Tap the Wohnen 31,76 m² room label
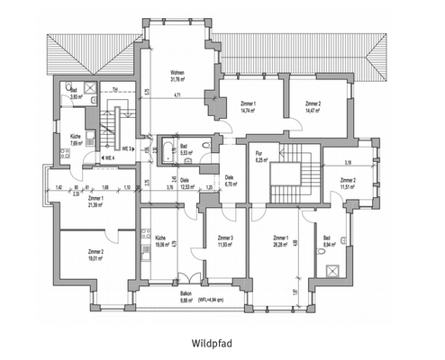tap(178, 75)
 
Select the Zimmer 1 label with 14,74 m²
tap(248, 107)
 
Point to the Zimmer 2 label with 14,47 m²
tap(313, 107)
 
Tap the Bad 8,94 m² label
tap(331, 240)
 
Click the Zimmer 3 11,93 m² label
tap(225, 240)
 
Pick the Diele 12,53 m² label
tap(185, 185)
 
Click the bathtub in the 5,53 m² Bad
tap(168, 149)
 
